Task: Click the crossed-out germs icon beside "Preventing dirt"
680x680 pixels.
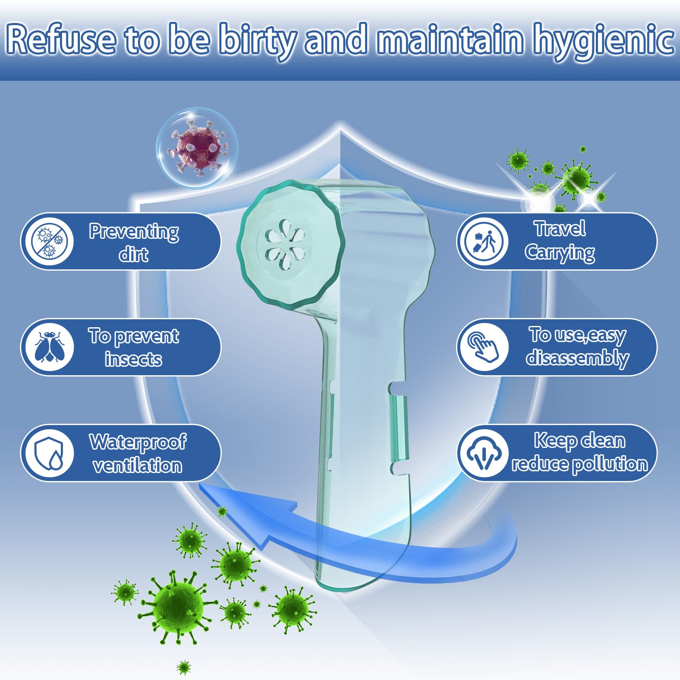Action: tap(49, 241)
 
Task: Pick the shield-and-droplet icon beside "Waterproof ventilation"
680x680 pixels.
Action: tap(49, 453)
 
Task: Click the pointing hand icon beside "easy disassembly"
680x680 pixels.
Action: tap(483, 347)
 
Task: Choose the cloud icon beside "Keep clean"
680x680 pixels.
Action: tap(483, 453)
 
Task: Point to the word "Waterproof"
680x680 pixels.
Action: tap(137, 442)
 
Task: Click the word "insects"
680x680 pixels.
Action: tap(133, 360)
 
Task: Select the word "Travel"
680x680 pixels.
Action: tap(560, 229)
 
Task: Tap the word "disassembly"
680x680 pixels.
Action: tap(578, 358)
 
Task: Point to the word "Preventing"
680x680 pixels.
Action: tap(134, 232)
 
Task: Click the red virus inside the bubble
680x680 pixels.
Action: tap(196, 147)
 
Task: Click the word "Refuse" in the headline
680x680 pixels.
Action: tap(61, 39)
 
